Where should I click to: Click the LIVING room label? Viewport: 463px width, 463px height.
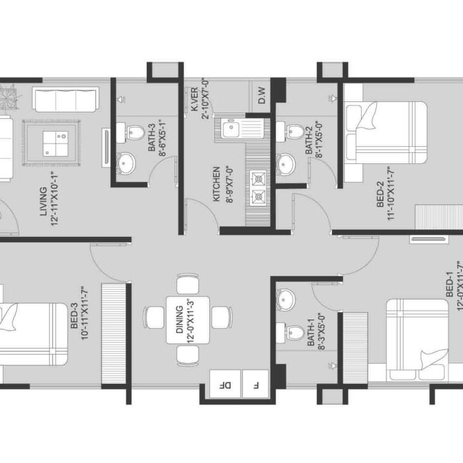point(44,201)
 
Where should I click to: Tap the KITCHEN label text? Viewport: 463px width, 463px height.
point(216,184)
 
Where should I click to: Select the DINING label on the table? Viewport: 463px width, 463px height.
point(179,319)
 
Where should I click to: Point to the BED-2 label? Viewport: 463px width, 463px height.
point(380,194)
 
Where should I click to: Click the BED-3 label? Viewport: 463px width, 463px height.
point(74,316)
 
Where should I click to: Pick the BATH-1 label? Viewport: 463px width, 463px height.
point(311,332)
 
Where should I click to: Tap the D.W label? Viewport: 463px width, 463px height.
point(262,95)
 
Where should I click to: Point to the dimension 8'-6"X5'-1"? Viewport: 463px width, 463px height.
point(162,138)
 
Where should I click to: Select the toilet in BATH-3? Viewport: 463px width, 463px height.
point(130,132)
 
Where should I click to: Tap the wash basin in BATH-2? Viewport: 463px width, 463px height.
point(286,163)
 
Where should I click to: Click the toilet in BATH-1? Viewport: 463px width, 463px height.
point(290,332)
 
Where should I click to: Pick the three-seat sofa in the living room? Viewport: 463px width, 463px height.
point(65,99)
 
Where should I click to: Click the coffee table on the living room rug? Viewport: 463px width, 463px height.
point(56,144)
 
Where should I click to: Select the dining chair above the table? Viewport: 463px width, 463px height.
point(188,284)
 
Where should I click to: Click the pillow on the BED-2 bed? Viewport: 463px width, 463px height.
point(366,116)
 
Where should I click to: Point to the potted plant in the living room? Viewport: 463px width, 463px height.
point(9,97)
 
